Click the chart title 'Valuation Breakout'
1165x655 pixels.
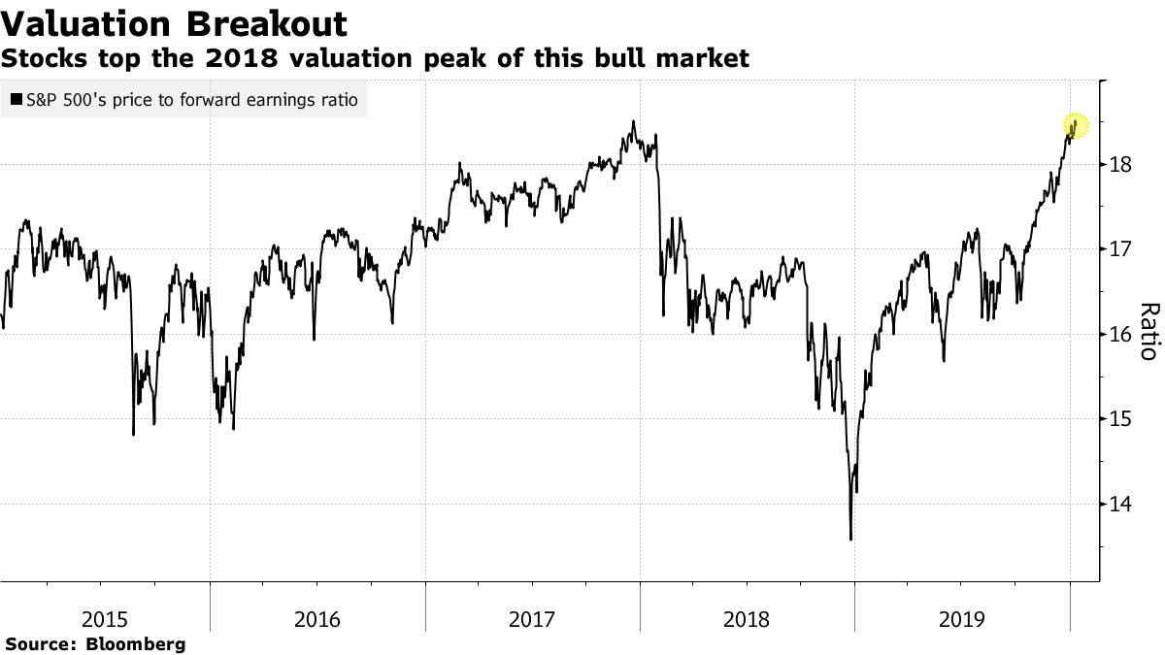point(174,23)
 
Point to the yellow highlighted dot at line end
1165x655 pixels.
point(1075,125)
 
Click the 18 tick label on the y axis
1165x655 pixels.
point(1121,165)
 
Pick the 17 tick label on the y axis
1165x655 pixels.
point(1121,249)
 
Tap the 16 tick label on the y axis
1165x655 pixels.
point(1121,335)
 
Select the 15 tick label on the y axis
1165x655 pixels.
point(1121,419)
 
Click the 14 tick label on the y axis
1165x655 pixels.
point(1121,505)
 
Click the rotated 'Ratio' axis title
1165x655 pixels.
point(1148,332)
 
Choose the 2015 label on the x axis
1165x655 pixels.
point(103,619)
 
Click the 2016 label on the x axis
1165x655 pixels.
point(317,619)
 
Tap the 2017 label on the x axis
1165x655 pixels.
point(532,619)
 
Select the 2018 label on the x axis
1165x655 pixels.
point(747,619)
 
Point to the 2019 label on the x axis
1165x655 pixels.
point(961,619)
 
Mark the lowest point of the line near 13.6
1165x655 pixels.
point(851,540)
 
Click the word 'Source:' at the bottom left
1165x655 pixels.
point(41,643)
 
